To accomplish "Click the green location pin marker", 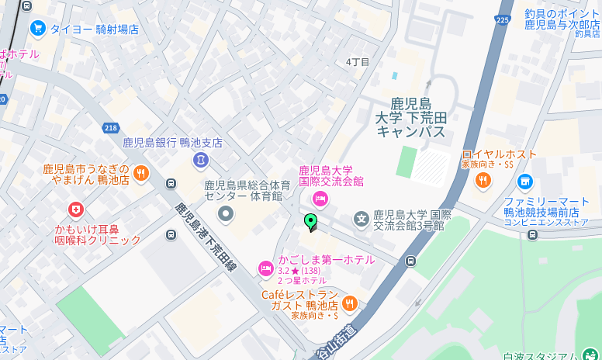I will (311, 222).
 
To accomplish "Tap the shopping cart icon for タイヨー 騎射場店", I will (37, 29).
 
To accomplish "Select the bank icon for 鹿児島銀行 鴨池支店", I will (201, 160).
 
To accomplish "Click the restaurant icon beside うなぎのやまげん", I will (141, 173).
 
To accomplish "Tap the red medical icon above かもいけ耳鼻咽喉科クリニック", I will (75, 209).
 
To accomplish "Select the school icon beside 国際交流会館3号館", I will (361, 220).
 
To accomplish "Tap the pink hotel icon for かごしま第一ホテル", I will (266, 268).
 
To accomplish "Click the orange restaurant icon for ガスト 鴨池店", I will (350, 303).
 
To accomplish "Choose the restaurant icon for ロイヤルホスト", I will (483, 181).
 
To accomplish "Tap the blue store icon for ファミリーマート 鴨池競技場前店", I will (525, 182).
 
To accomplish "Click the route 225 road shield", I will (503, 20).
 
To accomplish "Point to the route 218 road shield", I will (110, 127).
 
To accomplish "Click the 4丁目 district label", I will (358, 62).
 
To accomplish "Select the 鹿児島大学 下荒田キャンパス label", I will (410, 118).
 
